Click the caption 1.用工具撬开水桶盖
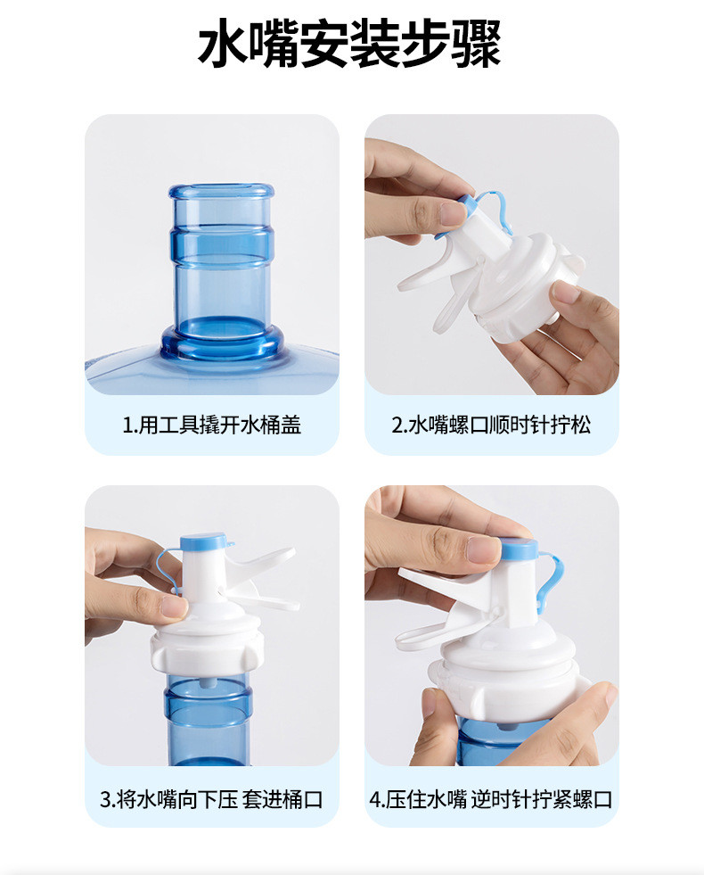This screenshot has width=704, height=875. pyautogui.click(x=211, y=425)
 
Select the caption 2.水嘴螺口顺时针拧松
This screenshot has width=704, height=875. pyautogui.click(x=491, y=425)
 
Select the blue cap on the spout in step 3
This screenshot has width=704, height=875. pyautogui.click(x=205, y=543)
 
